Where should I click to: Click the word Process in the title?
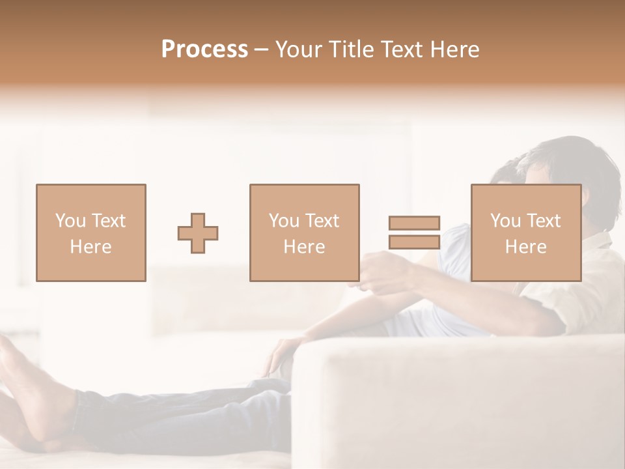coord(204,50)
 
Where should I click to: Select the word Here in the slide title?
coord(452,50)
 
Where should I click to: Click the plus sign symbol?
coord(198,233)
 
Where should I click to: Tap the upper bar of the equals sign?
coord(414,223)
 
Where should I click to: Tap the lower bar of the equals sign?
coord(414,242)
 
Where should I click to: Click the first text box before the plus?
coord(90,233)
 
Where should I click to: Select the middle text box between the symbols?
coord(304,233)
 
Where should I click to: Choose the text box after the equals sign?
coord(525,233)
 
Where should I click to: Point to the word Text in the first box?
coord(109,221)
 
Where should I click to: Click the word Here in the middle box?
coord(304,247)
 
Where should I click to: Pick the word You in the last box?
coord(505,221)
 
